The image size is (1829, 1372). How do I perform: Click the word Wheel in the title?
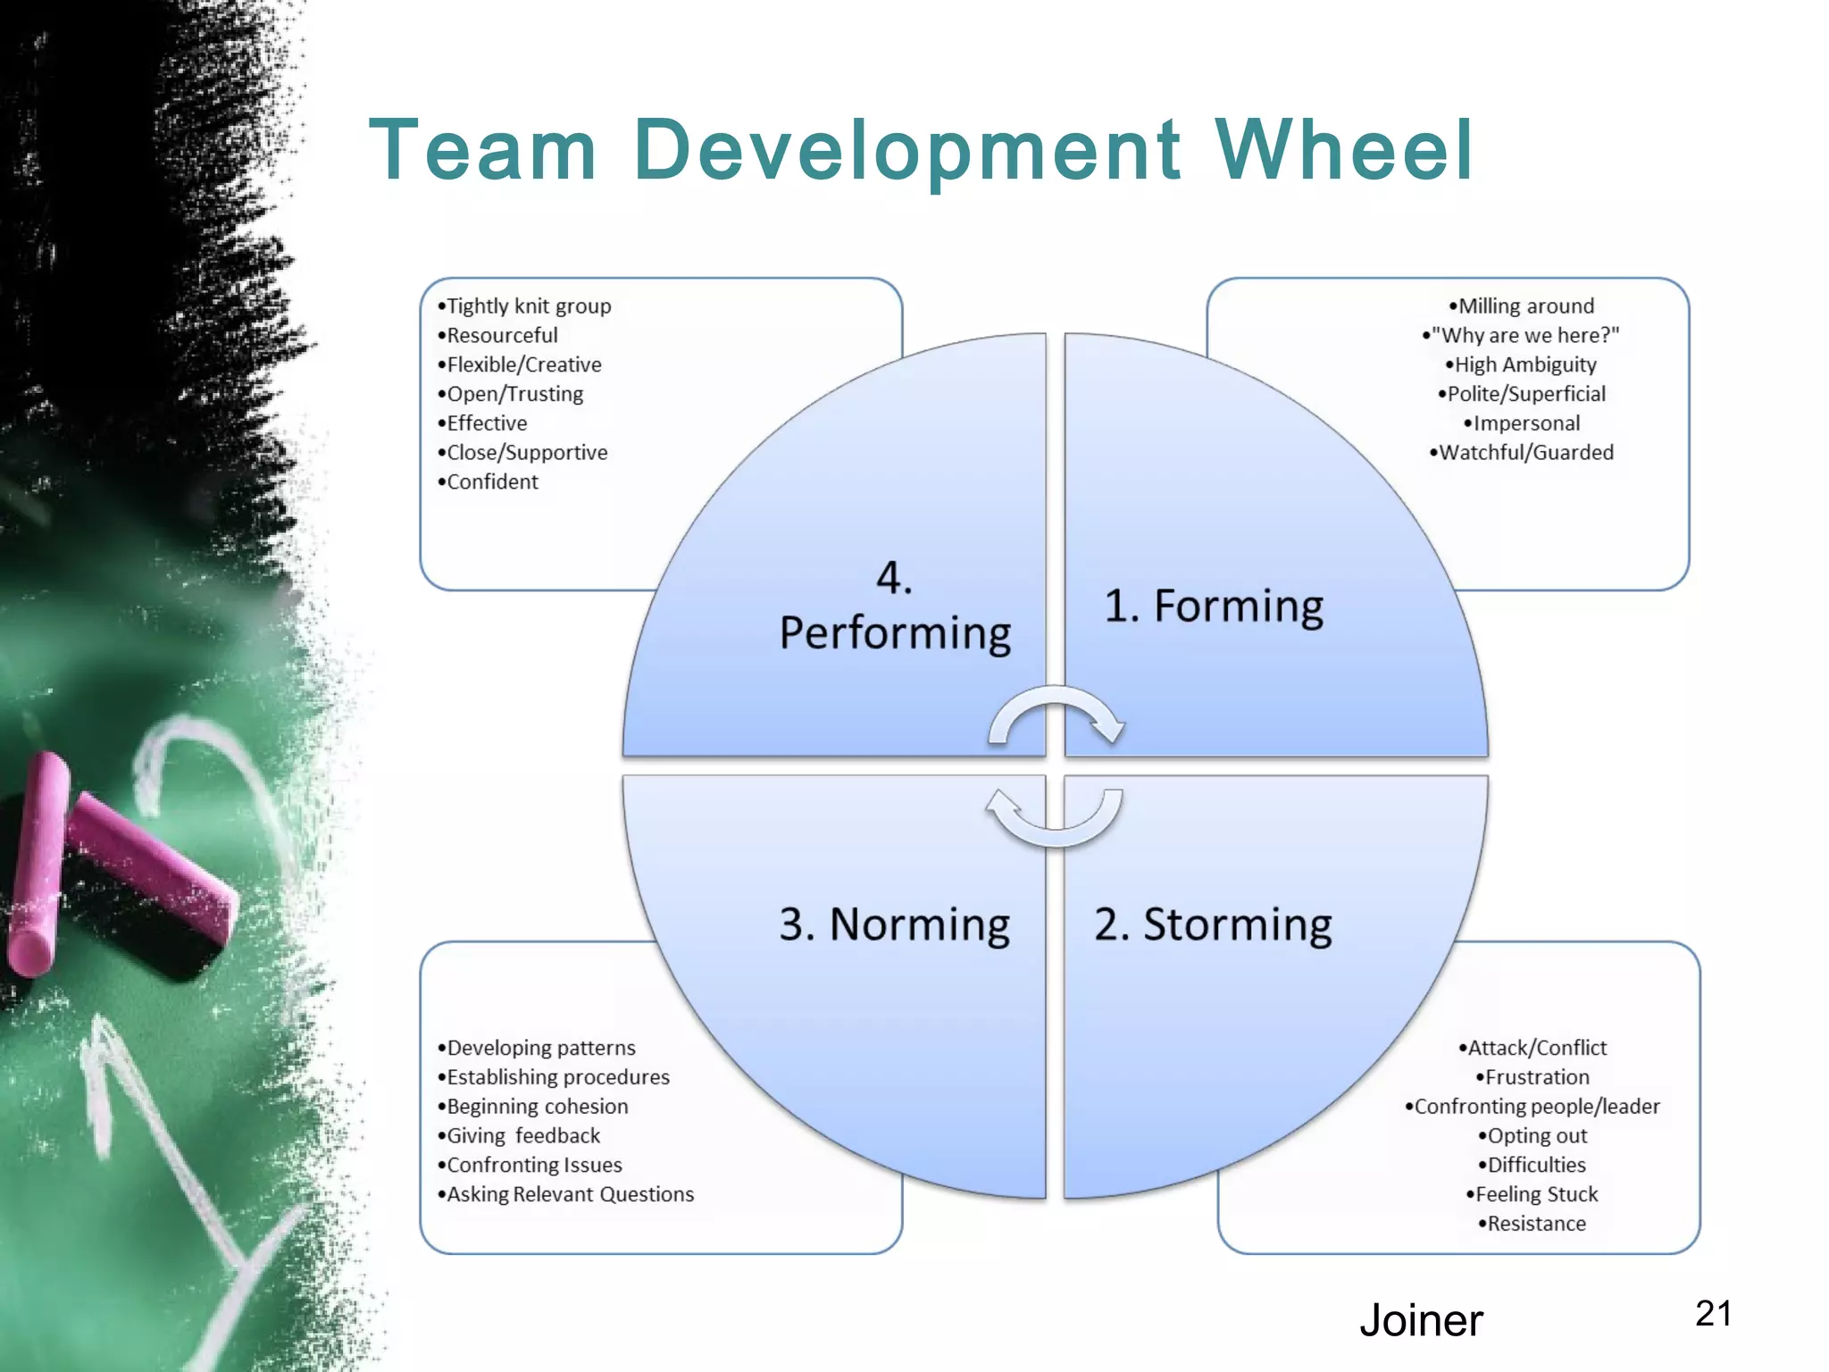click(1343, 150)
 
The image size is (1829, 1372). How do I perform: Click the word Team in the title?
click(483, 150)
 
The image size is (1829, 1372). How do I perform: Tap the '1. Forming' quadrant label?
click(1214, 607)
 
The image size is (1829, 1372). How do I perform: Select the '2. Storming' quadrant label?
click(1213, 924)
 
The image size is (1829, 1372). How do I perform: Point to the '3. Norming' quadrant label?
click(894, 924)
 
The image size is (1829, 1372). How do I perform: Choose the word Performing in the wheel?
click(895, 633)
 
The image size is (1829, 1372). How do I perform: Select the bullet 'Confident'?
click(492, 482)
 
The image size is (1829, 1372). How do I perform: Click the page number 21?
click(1713, 1314)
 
